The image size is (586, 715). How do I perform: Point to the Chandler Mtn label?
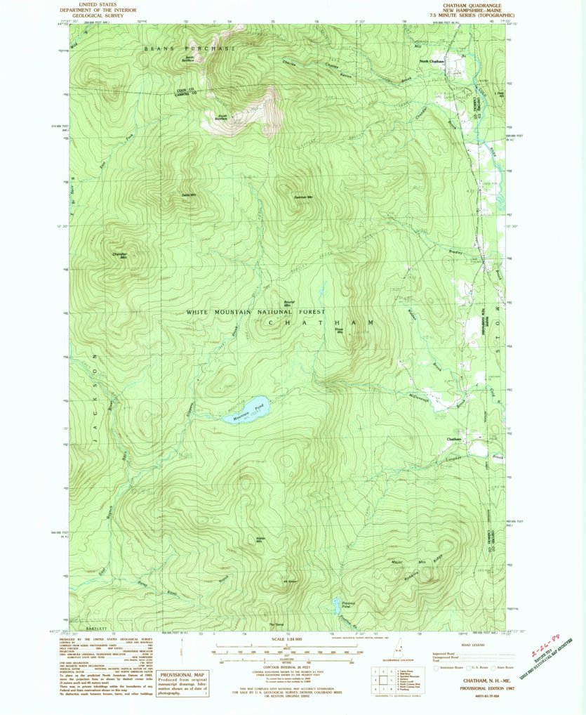(121, 255)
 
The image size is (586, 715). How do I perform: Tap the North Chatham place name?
(432, 63)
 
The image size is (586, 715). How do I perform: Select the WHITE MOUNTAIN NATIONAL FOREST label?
(255, 311)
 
